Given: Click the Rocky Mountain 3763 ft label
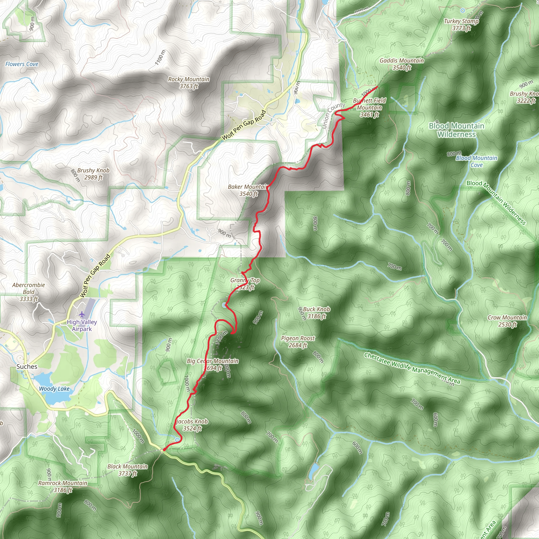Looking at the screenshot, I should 189,83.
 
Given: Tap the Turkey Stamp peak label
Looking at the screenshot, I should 461,24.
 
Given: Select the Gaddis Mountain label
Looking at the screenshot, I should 401,64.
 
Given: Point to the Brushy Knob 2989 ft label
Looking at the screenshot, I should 93,174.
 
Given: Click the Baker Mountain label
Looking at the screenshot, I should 248,190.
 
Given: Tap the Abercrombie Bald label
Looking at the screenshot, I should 28,292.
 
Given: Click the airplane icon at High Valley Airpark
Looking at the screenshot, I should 82,315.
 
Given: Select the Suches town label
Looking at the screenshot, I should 27,367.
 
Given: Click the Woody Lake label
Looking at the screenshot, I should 54,389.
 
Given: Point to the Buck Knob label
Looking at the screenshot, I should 316,312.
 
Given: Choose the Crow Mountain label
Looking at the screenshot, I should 507,321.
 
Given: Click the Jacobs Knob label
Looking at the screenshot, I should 192,425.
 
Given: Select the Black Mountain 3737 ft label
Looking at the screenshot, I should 127,470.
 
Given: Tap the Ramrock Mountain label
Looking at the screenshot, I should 63,487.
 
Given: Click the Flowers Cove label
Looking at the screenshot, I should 22,64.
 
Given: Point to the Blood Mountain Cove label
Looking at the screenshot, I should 477,161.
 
